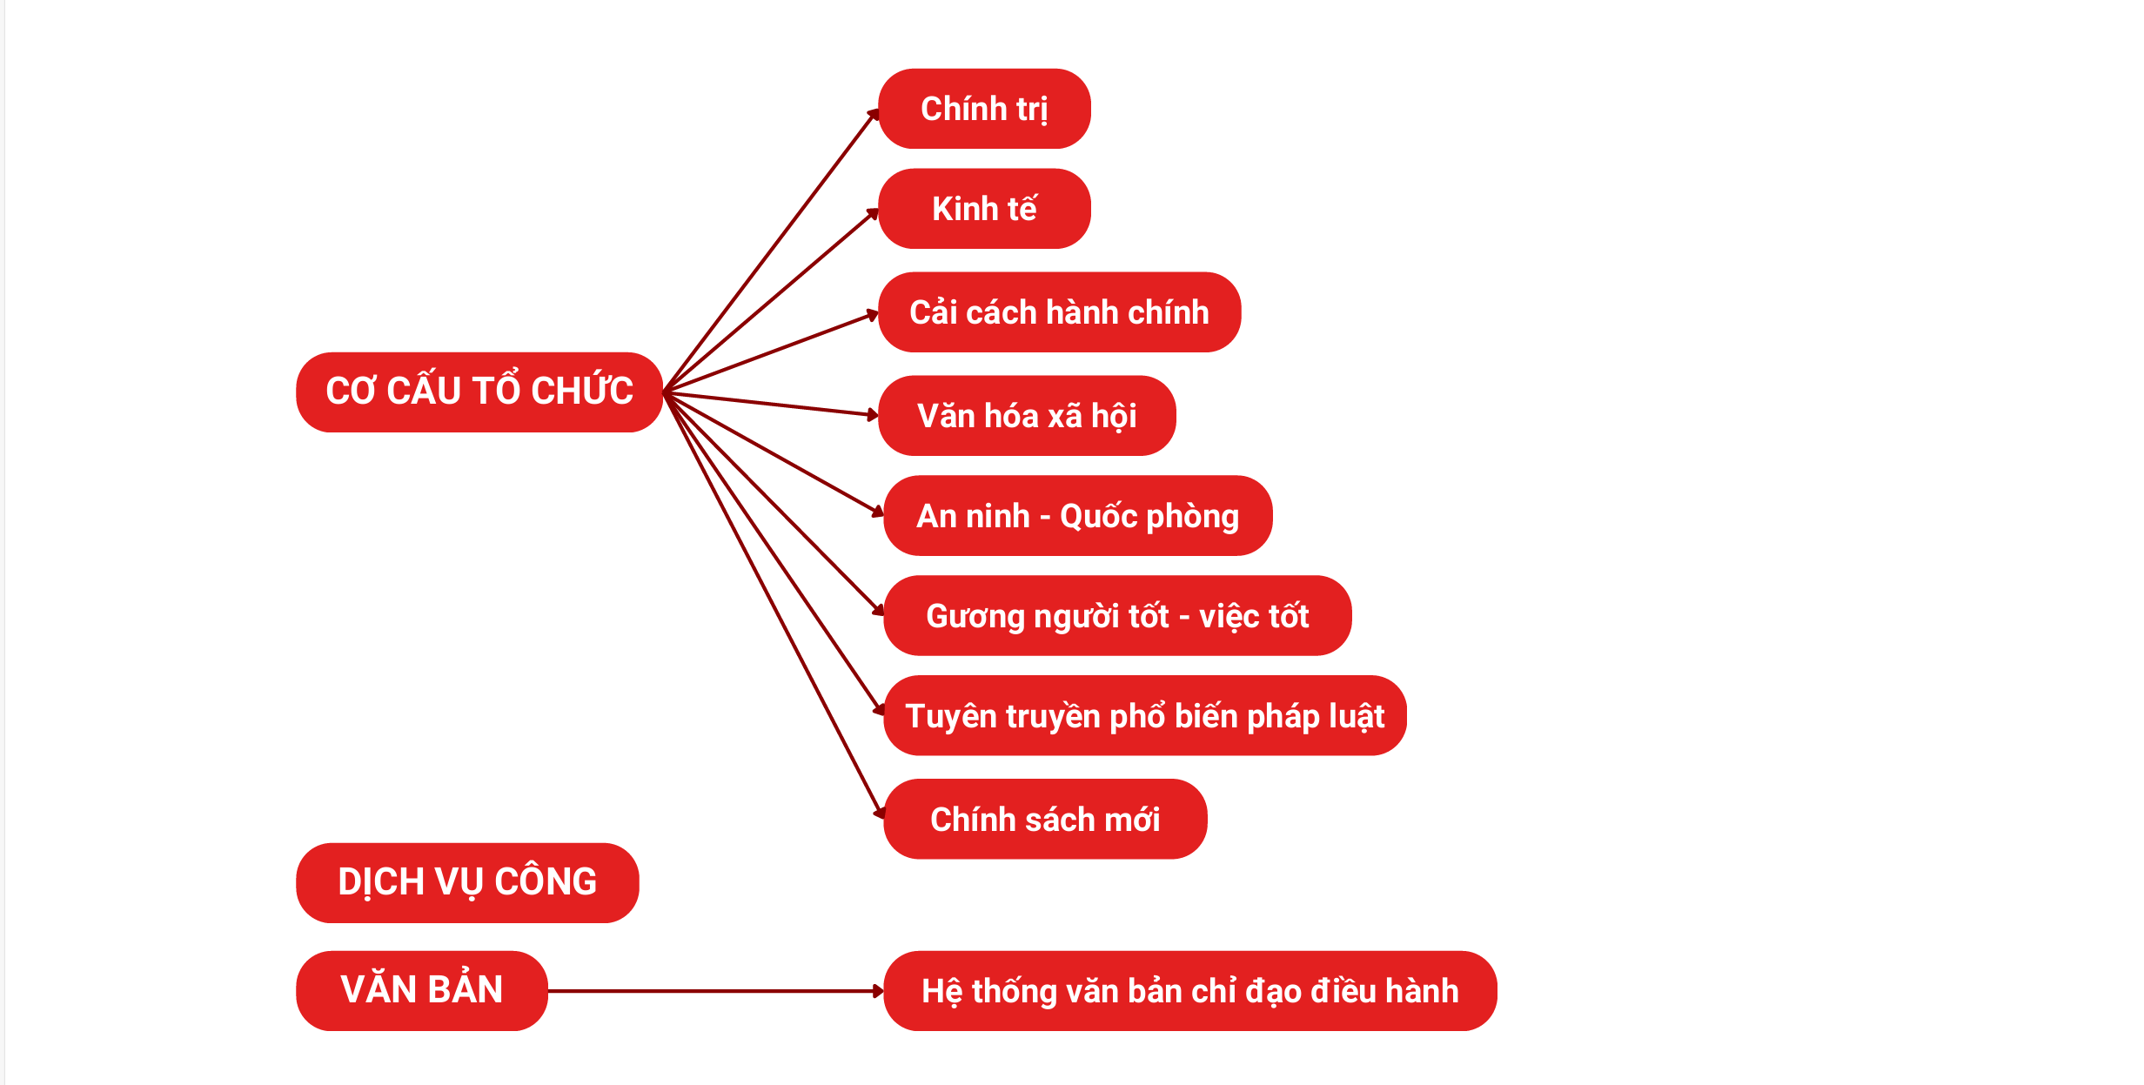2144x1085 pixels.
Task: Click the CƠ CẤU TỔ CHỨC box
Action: click(x=479, y=392)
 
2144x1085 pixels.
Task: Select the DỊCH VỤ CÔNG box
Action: click(x=467, y=882)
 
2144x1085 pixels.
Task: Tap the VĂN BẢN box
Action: click(x=422, y=990)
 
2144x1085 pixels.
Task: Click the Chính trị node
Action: click(x=984, y=109)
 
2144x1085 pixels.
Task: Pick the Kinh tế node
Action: click(x=984, y=209)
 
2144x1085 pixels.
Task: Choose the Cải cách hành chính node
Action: click(x=1059, y=312)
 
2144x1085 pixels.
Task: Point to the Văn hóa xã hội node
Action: click(x=1027, y=416)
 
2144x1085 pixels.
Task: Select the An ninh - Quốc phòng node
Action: click(x=1077, y=516)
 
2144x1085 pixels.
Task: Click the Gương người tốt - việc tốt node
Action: click(x=1117, y=616)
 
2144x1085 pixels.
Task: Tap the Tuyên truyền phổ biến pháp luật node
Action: click(x=1144, y=715)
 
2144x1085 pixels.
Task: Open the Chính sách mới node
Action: click(x=1045, y=819)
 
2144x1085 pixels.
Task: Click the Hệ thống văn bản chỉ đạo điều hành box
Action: click(x=1189, y=991)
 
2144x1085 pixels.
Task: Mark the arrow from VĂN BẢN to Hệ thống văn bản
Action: click(x=714, y=991)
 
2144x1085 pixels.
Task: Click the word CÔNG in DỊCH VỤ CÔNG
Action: click(x=546, y=882)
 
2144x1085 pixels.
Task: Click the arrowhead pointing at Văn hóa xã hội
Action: click(x=873, y=415)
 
